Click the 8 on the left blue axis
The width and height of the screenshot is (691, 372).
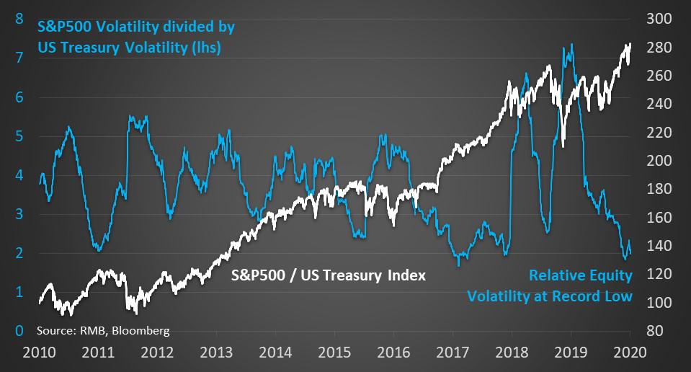point(19,19)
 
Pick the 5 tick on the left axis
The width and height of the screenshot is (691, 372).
point(19,136)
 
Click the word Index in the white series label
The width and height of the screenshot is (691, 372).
point(406,275)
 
